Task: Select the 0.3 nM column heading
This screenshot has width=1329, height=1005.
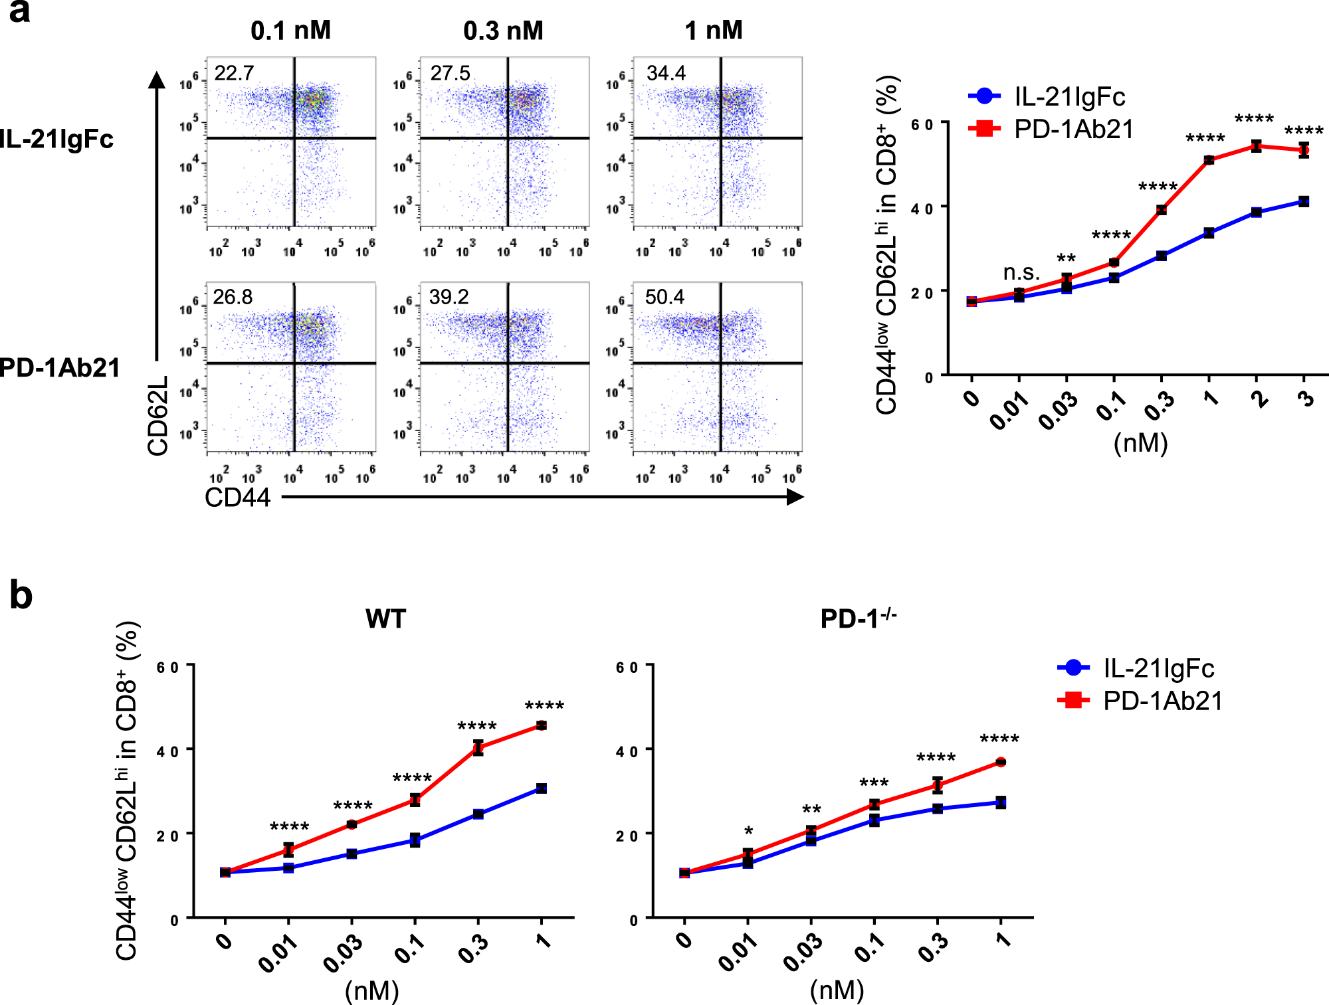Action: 503,31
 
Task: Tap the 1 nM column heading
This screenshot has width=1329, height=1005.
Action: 713,31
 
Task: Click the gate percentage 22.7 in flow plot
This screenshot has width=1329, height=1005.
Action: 234,73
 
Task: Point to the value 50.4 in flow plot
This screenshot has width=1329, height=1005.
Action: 664,297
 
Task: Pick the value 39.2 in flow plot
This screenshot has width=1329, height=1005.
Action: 449,297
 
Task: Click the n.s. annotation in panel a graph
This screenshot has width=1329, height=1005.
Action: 1021,272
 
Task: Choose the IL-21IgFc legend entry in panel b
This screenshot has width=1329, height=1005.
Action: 1136,668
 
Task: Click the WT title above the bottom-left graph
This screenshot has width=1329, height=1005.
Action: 385,619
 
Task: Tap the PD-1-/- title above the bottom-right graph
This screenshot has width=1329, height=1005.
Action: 858,618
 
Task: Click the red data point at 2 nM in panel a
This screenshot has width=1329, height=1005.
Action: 1256,146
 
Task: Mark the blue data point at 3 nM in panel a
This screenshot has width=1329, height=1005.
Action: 1304,201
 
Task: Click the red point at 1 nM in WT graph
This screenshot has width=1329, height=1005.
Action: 542,725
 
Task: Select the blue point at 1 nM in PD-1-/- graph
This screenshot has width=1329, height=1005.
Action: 1001,802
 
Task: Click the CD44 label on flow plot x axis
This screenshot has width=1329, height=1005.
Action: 237,498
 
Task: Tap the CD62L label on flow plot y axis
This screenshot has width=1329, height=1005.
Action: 158,416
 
